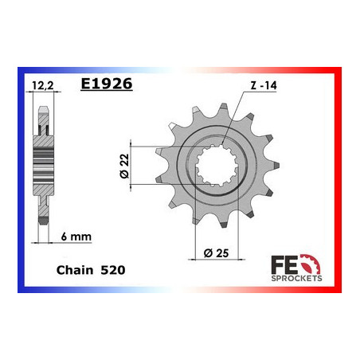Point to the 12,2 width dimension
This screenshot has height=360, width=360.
pyautogui.click(x=43, y=82)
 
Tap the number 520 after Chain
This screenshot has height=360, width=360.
pyautogui.click(x=112, y=271)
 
